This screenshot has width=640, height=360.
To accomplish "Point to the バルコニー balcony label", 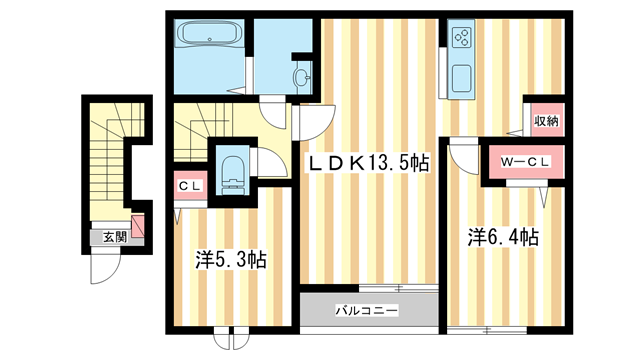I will pos(367,308).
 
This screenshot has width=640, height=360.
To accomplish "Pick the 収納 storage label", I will pos(545,121).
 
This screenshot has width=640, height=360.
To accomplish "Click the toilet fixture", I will pos(232,168).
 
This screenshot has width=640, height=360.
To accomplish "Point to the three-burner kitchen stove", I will pos(462,38).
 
